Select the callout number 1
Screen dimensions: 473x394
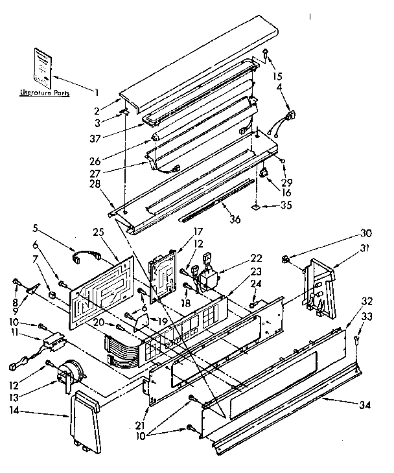coord(97,91)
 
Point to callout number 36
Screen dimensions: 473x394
coord(234,219)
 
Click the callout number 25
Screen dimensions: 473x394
coord(98,231)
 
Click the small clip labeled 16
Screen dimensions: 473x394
coord(264,173)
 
